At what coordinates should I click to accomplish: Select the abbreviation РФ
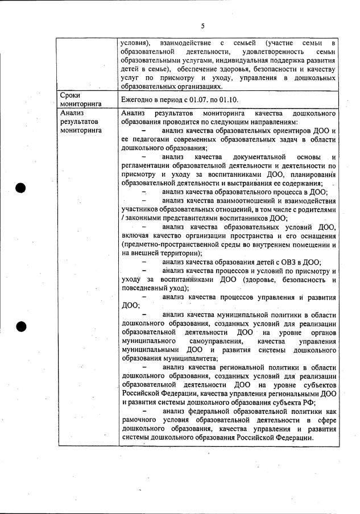(x=308, y=402)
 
